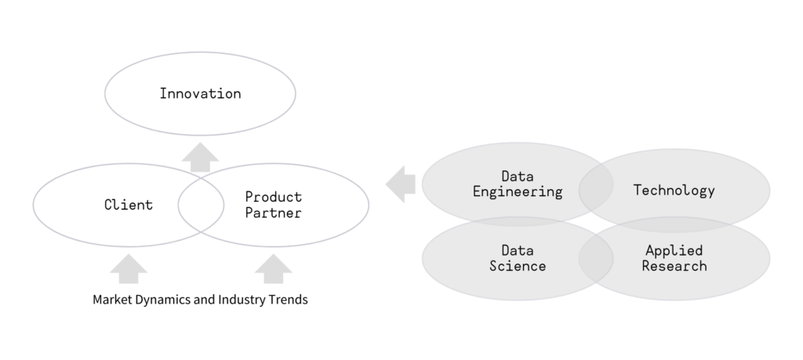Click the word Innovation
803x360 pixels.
pos(200,93)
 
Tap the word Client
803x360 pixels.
pos(129,205)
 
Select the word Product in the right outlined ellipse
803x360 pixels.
pos(274,197)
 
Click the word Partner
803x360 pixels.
pos(274,213)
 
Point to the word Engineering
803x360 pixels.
pos(518,192)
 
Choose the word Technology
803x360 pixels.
pos(674,190)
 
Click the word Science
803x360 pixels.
pos(518,266)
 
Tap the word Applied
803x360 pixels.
pos(674,251)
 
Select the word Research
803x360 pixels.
pos(674,266)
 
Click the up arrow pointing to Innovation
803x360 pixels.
pos(200,158)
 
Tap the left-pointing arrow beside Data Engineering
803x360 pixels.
pos(401,184)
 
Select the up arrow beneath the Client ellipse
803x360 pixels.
pos(129,269)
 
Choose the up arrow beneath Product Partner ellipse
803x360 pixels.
pos(274,269)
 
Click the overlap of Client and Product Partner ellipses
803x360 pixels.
pos(201,205)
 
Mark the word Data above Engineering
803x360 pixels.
pos(518,176)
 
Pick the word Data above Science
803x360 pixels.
pos(518,250)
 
